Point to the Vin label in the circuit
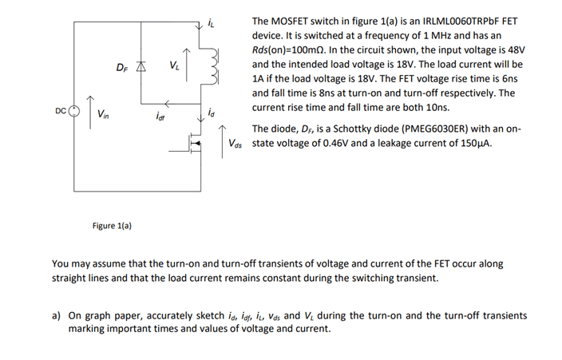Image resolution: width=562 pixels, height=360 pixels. [x=104, y=115]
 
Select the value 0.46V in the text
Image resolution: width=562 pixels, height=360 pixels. [x=329, y=144]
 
